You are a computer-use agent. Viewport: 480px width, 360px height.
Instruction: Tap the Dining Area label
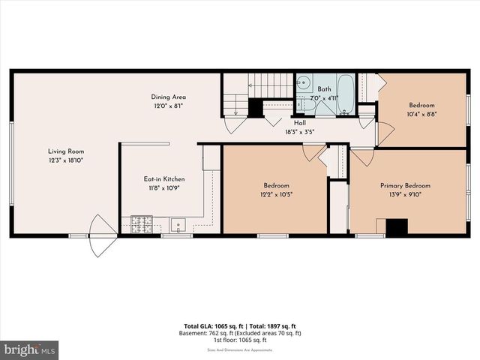tap(167, 97)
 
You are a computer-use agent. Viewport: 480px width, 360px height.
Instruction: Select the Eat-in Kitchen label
tap(164, 179)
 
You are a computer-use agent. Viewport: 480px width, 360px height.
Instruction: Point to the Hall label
tap(299, 123)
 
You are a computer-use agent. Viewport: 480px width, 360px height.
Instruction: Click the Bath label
tap(323, 88)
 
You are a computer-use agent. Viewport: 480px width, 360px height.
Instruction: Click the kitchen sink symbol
tap(178, 223)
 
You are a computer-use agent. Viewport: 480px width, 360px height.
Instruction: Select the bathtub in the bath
tap(346, 94)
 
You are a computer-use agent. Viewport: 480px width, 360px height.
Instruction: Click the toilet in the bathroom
tap(324, 105)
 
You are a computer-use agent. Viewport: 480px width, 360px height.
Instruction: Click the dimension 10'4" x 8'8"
tap(421, 114)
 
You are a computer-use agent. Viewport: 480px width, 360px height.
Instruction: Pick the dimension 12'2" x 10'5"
tap(275, 194)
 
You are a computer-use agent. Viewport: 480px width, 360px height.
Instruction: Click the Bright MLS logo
tap(30, 349)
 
